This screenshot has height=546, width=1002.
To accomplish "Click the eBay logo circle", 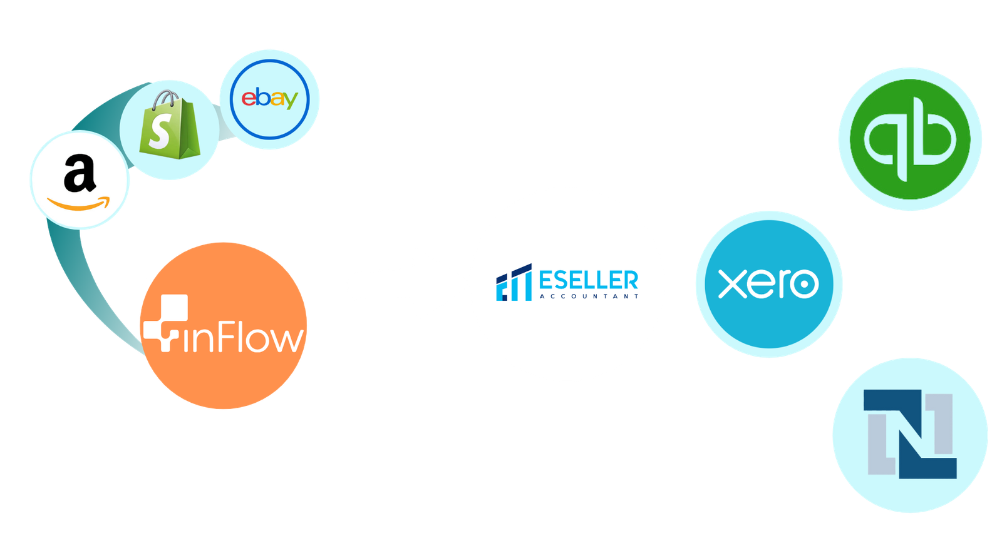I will coord(269,99).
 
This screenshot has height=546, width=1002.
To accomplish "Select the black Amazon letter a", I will coord(80,175).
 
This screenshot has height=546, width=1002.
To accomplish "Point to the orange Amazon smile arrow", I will coord(79,205).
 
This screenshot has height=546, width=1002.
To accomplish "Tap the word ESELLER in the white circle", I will coord(588,280).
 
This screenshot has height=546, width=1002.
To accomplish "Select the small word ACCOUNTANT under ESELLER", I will coord(589,296).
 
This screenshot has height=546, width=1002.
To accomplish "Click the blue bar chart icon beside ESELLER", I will coord(514,283).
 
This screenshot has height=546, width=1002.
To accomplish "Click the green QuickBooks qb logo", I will coord(911,139).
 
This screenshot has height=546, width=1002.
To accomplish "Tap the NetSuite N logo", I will coord(910,434).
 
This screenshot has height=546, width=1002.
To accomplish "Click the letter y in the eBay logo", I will coord(289,100).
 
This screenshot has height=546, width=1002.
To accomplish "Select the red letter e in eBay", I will coord(249,98).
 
